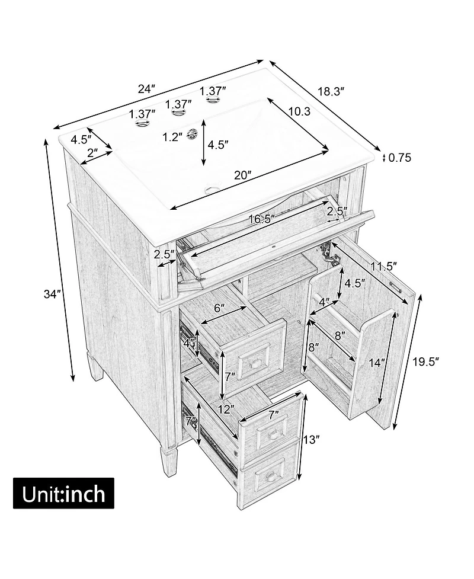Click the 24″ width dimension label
146,89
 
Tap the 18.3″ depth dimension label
331,91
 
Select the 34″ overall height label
52,294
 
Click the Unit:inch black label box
63,493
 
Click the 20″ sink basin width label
242,175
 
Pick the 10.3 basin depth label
299,111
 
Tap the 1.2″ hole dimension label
173,137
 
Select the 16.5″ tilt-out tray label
262,219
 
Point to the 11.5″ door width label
384,265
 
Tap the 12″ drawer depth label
226,409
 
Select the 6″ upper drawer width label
219,308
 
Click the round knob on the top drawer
254,364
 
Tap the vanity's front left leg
167,458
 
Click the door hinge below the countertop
328,252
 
